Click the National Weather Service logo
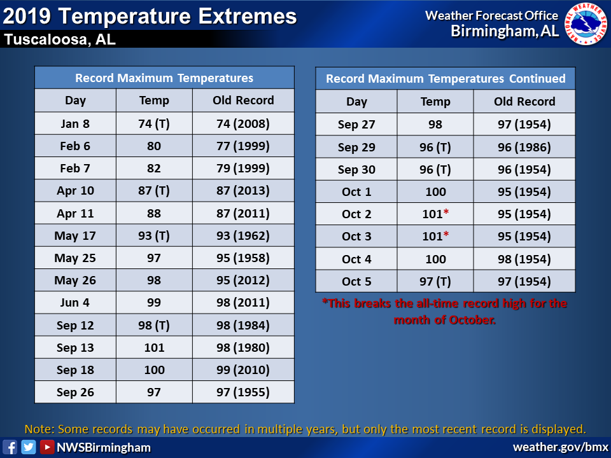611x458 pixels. pyautogui.click(x=586, y=24)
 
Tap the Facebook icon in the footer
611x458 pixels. pyautogui.click(x=10, y=447)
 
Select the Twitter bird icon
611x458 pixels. pyautogui.click(x=29, y=447)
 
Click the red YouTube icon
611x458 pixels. pyautogui.click(x=47, y=447)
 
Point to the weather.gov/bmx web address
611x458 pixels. pyautogui.click(x=560, y=447)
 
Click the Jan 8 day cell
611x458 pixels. pyautogui.click(x=75, y=123)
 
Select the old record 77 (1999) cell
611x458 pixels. pyautogui.click(x=243, y=146)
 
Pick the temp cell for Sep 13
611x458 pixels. pyautogui.click(x=154, y=347)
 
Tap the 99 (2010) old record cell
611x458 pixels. pyautogui.click(x=243, y=370)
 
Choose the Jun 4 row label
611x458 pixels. pyautogui.click(x=75, y=303)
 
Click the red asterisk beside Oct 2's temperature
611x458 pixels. pyautogui.click(x=446, y=212)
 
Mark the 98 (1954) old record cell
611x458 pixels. pyautogui.click(x=524, y=259)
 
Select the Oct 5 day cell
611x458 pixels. pyautogui.click(x=356, y=281)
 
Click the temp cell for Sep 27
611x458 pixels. pyautogui.click(x=435, y=124)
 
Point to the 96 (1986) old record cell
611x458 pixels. pyautogui.click(x=524, y=147)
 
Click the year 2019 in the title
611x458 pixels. pyautogui.click(x=27, y=17)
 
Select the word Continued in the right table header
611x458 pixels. pyautogui.click(x=537, y=79)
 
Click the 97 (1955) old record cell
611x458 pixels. pyautogui.click(x=243, y=392)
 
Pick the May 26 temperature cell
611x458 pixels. pyautogui.click(x=154, y=280)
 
